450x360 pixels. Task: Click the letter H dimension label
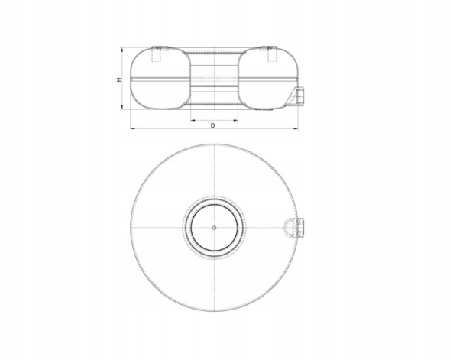point(119,79)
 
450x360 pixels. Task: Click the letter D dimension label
point(212,125)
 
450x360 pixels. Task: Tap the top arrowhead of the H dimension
point(122,50)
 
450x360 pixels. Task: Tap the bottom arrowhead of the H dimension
point(122,107)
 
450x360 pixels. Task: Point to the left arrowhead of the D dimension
point(133,129)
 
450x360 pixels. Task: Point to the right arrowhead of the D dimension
point(296,129)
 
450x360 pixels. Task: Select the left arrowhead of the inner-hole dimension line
point(193,121)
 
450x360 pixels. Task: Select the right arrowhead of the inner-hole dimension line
point(235,121)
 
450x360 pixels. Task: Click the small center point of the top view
point(214,227)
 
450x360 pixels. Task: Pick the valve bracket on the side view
point(295,96)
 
